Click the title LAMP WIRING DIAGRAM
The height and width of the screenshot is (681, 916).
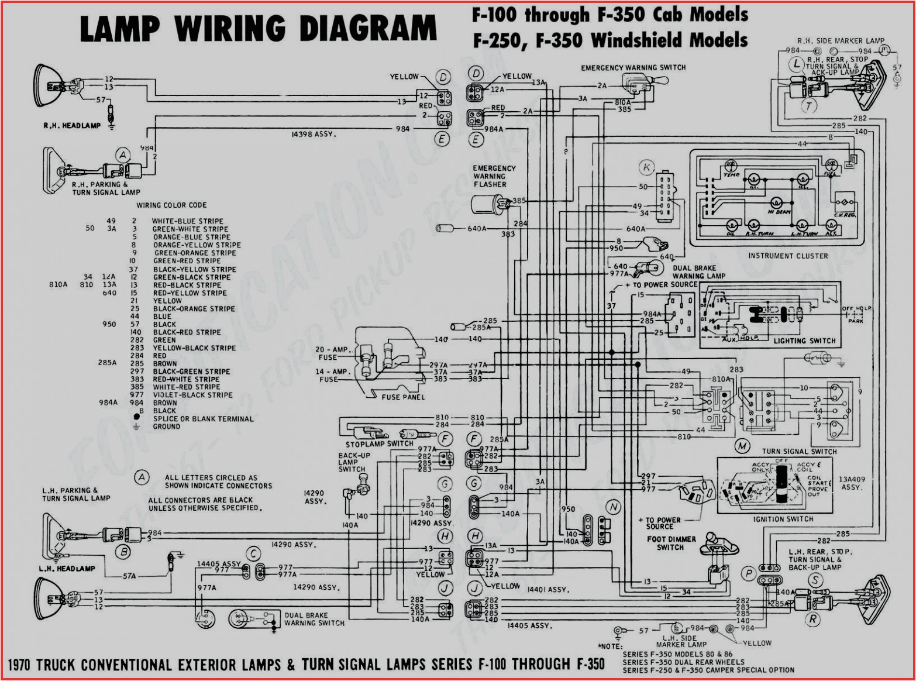[258, 29]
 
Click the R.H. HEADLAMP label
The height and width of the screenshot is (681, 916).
[72, 126]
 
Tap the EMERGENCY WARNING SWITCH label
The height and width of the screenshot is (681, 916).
[633, 68]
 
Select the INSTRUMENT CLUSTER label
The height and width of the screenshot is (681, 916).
[787, 256]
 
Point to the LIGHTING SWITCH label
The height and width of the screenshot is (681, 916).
[804, 340]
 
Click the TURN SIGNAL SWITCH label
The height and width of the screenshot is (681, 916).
[799, 451]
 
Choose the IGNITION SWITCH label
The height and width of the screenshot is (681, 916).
[783, 519]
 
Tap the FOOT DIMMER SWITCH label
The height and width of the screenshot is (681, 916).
[671, 543]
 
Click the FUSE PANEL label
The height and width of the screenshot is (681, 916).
[403, 397]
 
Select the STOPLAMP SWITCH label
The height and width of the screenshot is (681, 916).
[379, 443]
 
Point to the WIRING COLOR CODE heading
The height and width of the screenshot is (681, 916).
[171, 205]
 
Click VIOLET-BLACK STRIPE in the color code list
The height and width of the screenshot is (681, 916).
[192, 395]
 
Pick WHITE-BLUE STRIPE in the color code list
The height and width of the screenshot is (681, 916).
[187, 221]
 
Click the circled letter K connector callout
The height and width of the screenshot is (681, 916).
[646, 167]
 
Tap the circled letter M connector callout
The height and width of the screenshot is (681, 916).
[742, 446]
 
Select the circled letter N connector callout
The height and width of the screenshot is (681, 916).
[613, 507]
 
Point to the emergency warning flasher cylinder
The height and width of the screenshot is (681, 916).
[486, 204]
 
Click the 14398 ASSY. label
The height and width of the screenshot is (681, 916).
[314, 135]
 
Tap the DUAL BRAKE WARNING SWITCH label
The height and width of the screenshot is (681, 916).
[314, 619]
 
